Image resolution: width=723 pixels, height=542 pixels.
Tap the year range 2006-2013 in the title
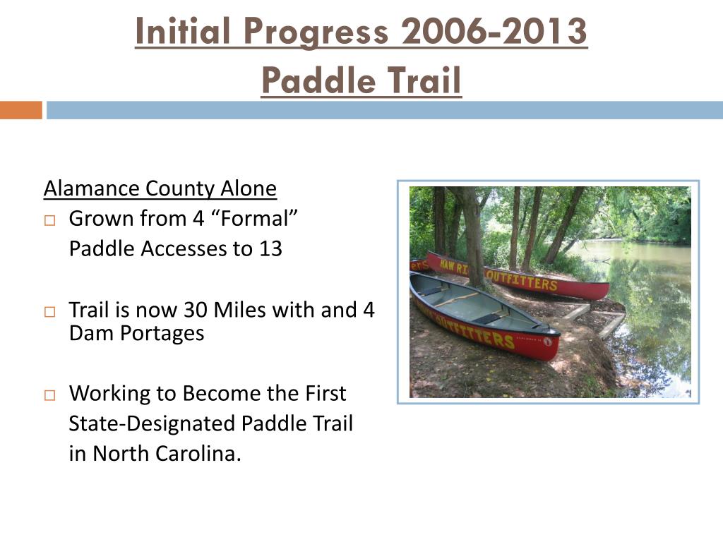click(x=494, y=31)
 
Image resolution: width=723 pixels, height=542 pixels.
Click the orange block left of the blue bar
click(x=20, y=110)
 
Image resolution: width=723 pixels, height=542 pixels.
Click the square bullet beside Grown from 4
click(x=50, y=220)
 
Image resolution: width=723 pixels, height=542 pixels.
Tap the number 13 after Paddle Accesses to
click(x=270, y=249)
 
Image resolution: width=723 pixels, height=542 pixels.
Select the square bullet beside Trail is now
click(x=50, y=312)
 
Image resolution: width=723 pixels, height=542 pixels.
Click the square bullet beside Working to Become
click(x=50, y=395)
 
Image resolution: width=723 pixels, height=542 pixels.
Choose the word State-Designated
click(x=152, y=423)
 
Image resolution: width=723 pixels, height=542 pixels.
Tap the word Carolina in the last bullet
click(x=198, y=454)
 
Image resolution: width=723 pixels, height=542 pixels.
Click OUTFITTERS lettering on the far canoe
click(x=522, y=280)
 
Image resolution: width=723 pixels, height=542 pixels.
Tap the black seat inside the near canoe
click(x=490, y=318)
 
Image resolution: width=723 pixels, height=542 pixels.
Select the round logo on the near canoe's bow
click(x=548, y=342)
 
